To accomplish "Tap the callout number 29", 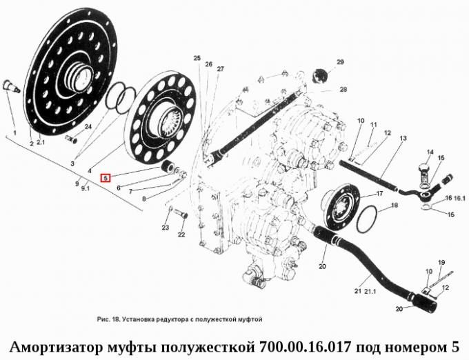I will [339, 63].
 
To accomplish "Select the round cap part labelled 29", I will [319, 74].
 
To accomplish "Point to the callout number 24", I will [88, 127].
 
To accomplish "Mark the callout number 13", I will [402, 139].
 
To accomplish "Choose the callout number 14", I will [429, 152].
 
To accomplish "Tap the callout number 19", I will [441, 262].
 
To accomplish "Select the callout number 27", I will [220, 69].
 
